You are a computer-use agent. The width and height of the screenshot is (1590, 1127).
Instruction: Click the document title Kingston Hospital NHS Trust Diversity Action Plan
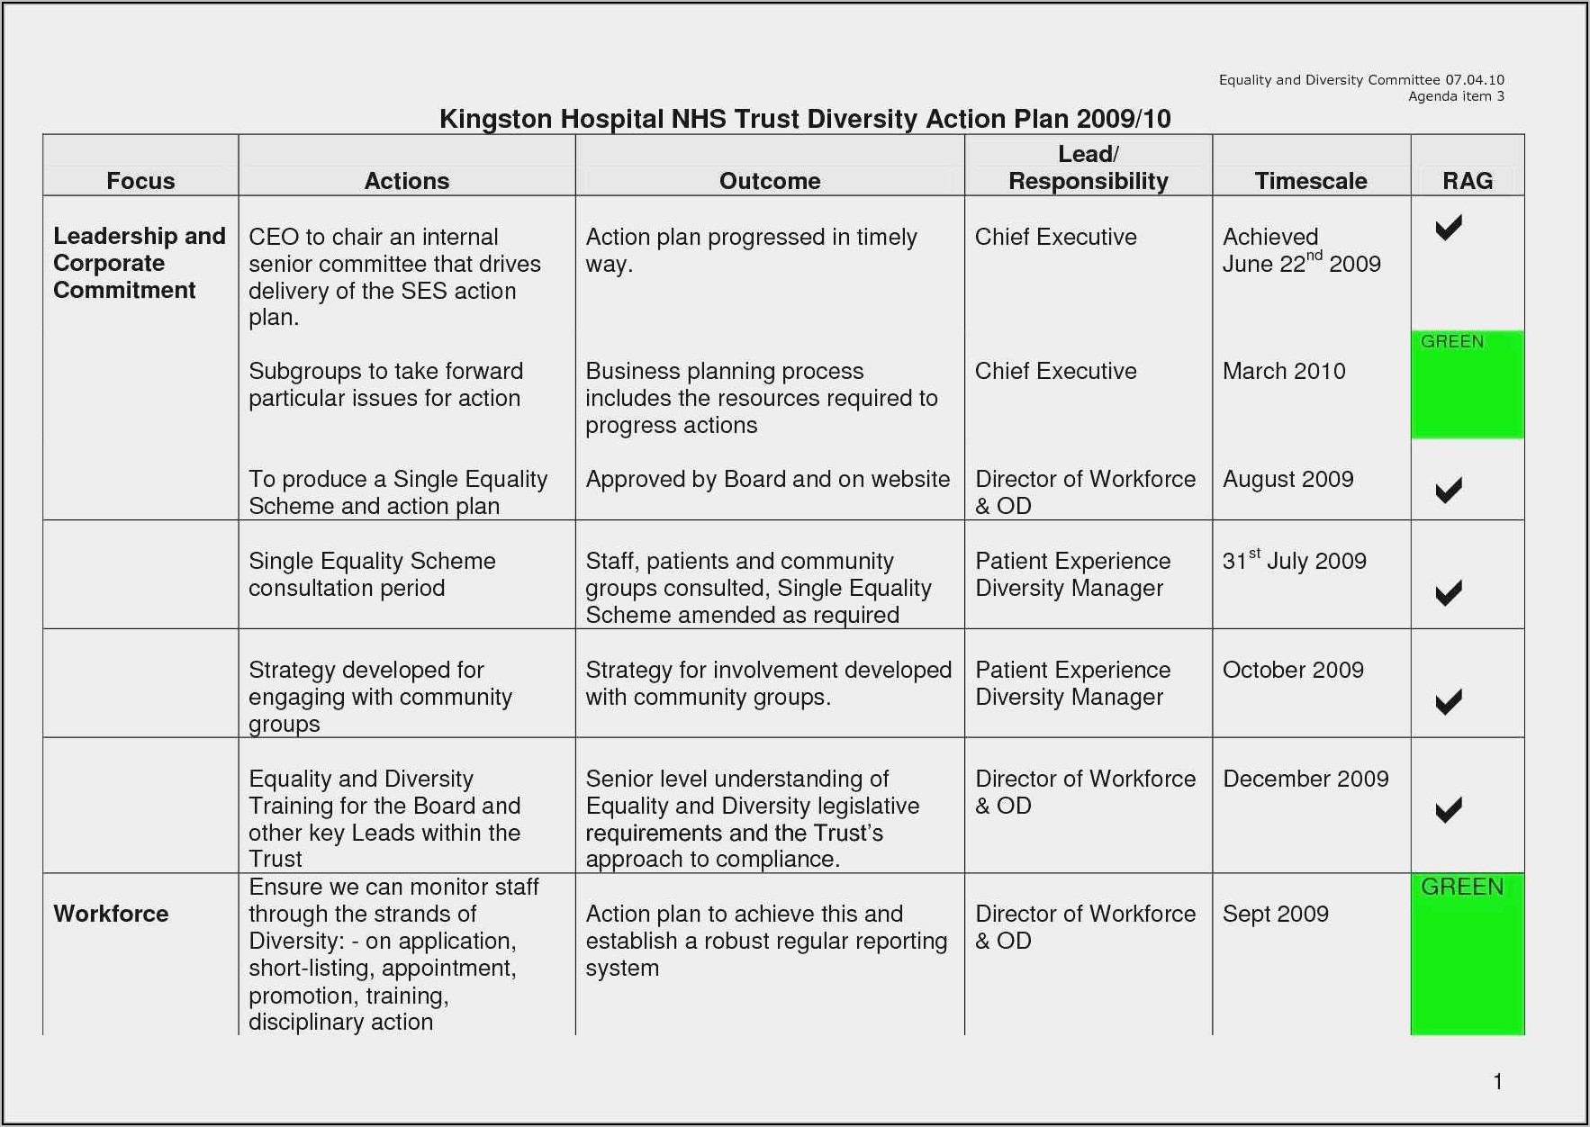[x=804, y=119]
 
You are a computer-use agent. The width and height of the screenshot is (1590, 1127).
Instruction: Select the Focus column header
[x=140, y=181]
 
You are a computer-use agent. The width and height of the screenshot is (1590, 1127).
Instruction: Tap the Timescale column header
[x=1310, y=181]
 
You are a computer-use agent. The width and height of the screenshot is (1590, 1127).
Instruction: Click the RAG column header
[x=1467, y=181]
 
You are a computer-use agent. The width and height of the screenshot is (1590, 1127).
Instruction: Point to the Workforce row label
[x=111, y=914]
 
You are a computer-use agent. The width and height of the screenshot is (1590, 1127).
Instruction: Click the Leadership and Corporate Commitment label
[x=139, y=263]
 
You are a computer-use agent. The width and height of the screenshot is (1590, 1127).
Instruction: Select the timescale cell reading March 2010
[x=1283, y=371]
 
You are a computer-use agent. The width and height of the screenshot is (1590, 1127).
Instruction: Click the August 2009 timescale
[x=1287, y=479]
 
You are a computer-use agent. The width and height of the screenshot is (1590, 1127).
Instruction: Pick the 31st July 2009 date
[x=1294, y=561]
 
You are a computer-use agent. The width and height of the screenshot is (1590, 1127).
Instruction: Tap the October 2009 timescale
[x=1292, y=670]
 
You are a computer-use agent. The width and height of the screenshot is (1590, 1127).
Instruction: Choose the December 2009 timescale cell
[x=1305, y=779]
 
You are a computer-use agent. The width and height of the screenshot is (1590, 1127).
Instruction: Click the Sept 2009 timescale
[x=1275, y=914]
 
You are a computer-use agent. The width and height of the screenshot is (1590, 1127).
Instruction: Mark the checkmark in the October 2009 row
[x=1448, y=702]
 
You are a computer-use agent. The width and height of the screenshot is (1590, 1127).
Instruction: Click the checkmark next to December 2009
[x=1448, y=810]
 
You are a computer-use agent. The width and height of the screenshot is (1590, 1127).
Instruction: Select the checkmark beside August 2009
[x=1448, y=490]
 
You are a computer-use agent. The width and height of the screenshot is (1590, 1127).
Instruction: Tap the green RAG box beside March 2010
[x=1467, y=385]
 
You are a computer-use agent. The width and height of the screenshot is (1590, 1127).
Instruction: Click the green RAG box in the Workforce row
[x=1467, y=954]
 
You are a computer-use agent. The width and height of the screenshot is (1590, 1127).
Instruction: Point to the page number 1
[x=1497, y=1081]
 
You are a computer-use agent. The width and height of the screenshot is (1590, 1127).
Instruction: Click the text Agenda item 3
[x=1455, y=96]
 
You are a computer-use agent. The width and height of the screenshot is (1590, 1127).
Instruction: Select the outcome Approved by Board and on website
[x=767, y=479]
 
